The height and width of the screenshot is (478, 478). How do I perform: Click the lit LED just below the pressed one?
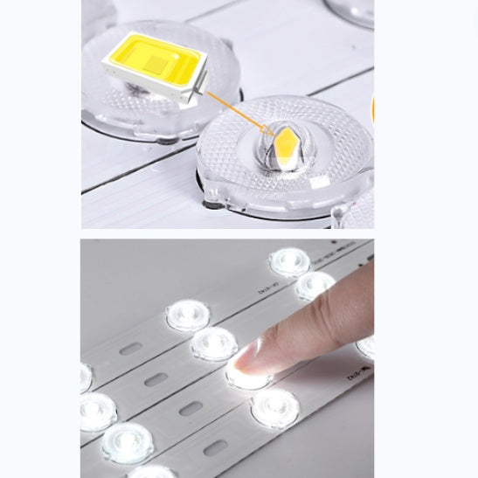click(274, 406)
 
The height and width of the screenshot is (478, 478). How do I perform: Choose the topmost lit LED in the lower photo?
click(288, 261)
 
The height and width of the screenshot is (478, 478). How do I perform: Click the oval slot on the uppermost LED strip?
click(131, 348)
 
